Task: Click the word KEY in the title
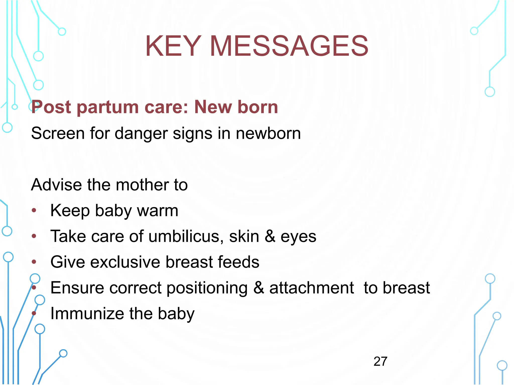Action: coord(173,46)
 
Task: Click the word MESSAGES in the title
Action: coord(289,46)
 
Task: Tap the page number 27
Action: coord(380,361)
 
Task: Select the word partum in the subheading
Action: coord(108,107)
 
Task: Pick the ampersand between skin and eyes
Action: coord(270,236)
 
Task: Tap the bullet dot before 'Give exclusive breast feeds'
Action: coord(34,262)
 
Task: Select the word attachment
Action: coord(311,288)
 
